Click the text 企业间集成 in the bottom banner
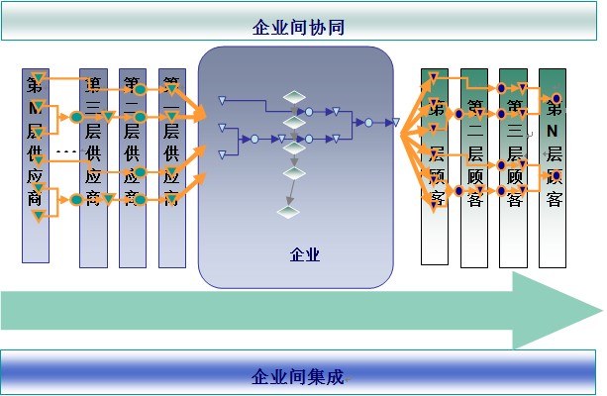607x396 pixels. coord(298,376)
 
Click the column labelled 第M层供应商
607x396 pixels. coord(36,166)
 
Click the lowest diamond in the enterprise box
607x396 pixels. coord(288,211)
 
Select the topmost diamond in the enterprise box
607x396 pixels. coord(294,97)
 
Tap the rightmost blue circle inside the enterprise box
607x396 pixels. coord(367,123)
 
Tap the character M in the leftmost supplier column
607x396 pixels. coord(35,106)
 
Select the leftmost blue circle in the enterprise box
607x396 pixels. coord(253,139)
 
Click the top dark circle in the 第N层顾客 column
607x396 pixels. coord(556,98)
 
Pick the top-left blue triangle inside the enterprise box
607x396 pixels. coord(223,99)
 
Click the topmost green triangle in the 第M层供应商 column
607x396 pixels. coord(38,77)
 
